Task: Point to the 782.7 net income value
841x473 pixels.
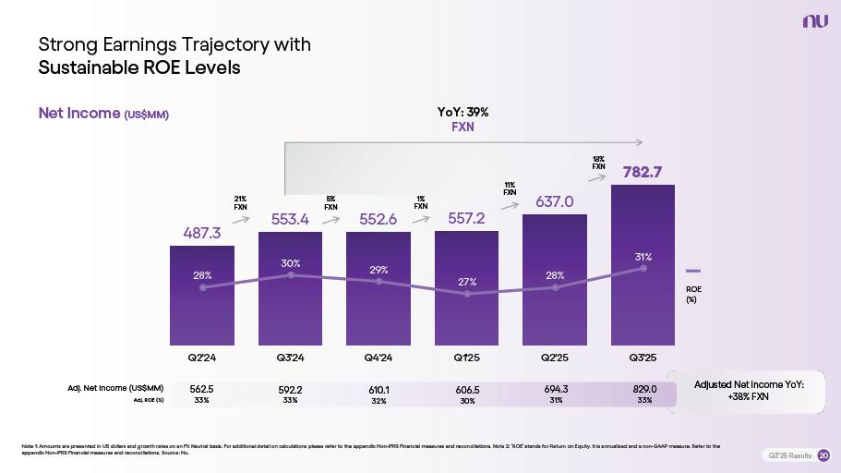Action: (x=643, y=171)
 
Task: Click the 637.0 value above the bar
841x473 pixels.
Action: (x=555, y=201)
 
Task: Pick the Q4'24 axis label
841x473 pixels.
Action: (x=378, y=358)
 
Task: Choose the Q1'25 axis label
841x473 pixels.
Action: (x=466, y=358)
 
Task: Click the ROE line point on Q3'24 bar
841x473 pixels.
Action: (x=291, y=275)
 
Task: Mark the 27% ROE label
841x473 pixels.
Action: (x=467, y=281)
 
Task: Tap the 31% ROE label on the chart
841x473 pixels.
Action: (x=643, y=257)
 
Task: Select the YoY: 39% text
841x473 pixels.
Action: (x=463, y=112)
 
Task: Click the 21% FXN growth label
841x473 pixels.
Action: (x=240, y=202)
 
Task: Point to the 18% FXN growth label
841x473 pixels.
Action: (x=598, y=163)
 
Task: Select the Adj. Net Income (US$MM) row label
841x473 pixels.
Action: (x=115, y=389)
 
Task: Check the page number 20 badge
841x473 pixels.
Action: (x=823, y=455)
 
